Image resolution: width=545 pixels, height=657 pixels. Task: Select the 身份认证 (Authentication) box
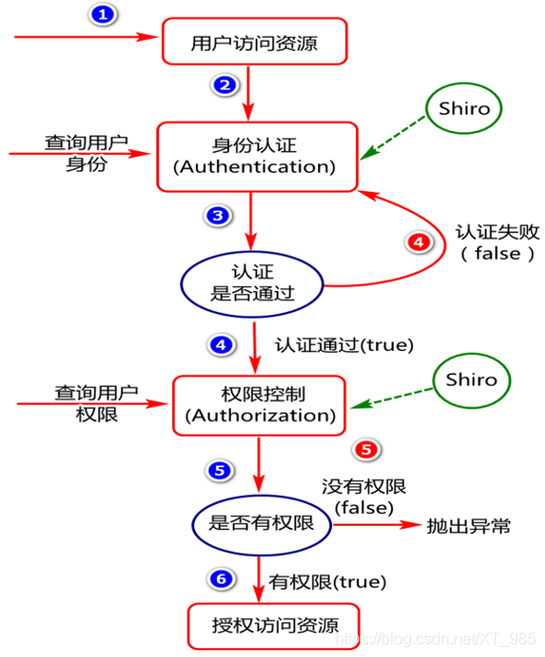[256, 155]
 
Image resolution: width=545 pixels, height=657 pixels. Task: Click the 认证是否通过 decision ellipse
[252, 280]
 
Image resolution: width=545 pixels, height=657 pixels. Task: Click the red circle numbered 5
[367, 449]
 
